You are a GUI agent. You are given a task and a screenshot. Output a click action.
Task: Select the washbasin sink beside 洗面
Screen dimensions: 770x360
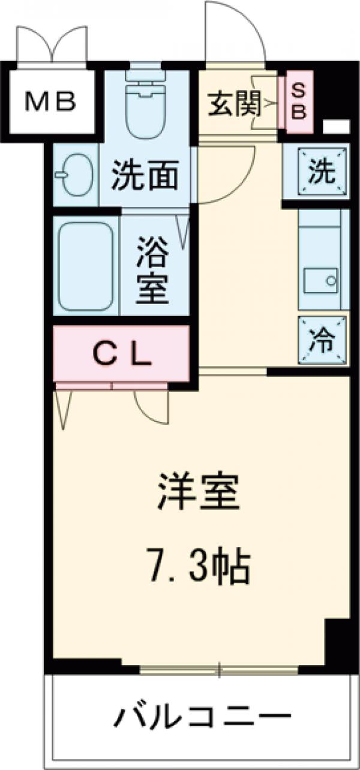[x=75, y=175]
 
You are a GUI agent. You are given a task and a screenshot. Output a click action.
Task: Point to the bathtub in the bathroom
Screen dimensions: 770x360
[x=85, y=265]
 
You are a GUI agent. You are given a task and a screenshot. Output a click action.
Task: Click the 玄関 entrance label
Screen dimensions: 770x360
[x=233, y=106]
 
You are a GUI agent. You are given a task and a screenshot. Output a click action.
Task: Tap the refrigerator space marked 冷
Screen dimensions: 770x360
[x=323, y=341]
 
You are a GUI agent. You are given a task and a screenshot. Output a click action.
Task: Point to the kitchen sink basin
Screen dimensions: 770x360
[x=321, y=281]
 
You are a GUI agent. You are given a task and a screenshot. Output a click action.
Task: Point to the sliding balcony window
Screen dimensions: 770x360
[x=220, y=670]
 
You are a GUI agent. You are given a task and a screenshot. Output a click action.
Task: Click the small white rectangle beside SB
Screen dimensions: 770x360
[x=337, y=127]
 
